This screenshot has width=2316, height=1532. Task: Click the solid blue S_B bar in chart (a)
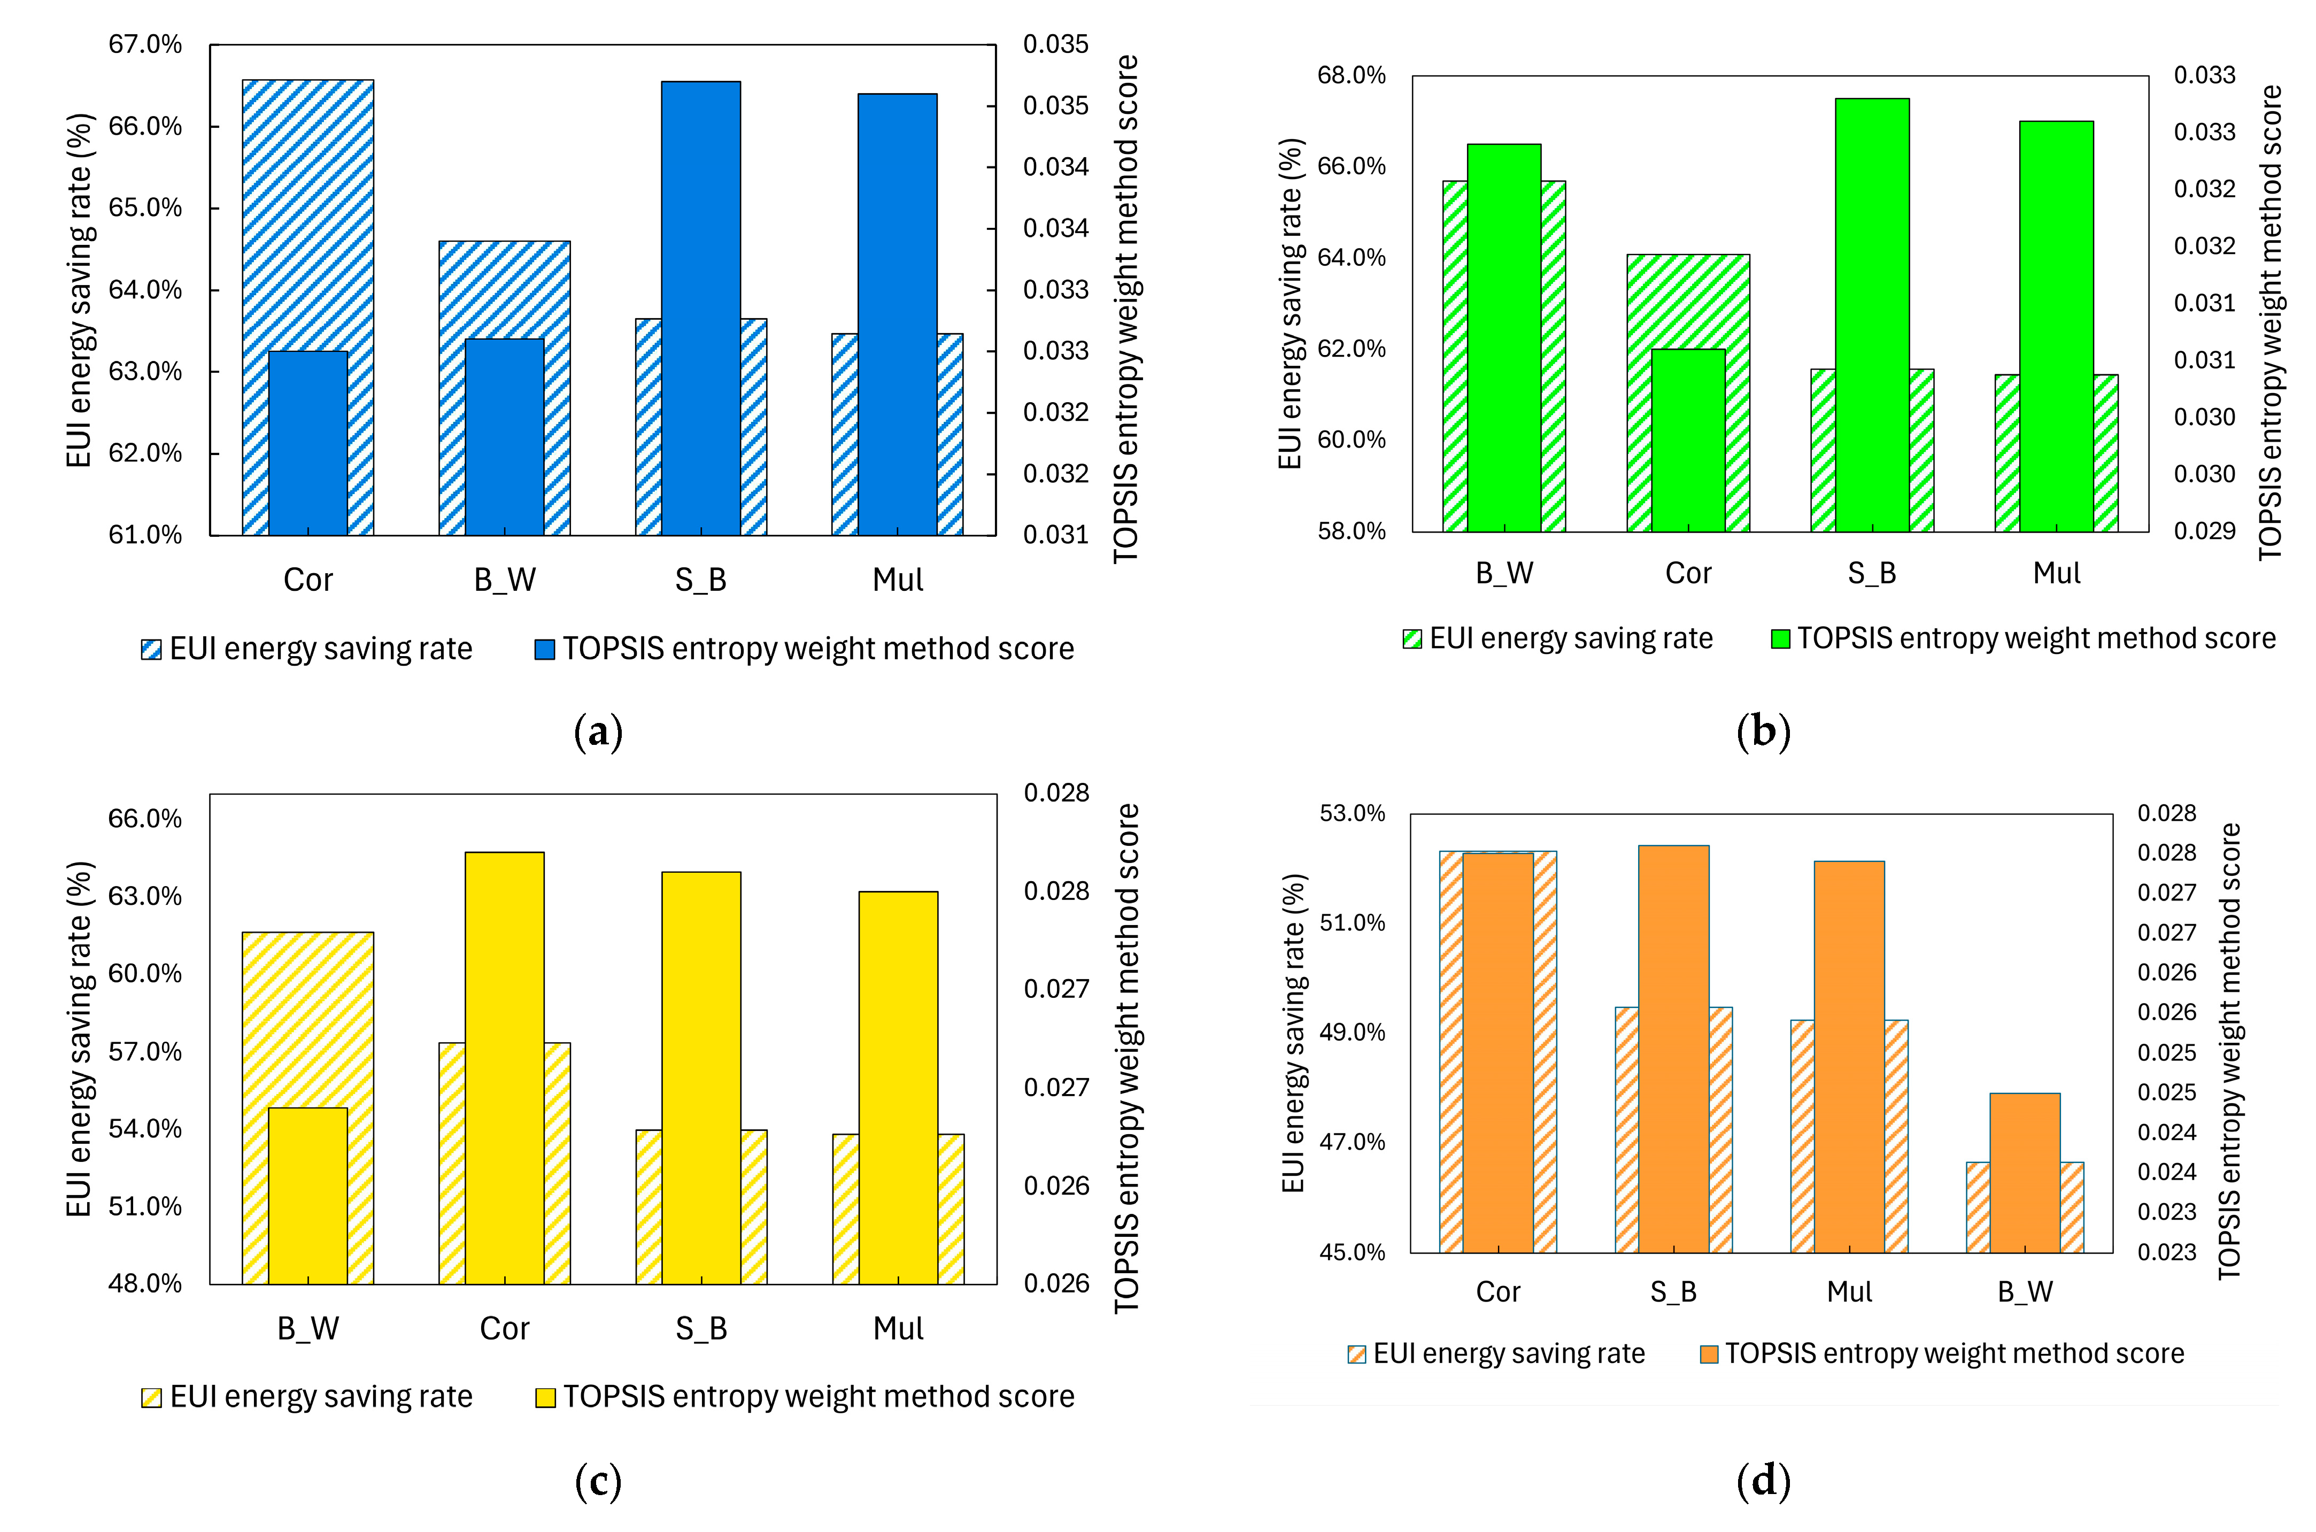point(700,308)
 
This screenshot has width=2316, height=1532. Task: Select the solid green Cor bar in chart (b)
point(1688,440)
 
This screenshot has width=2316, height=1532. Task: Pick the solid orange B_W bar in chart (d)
point(2025,1173)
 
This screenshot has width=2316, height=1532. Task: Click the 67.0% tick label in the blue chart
point(144,44)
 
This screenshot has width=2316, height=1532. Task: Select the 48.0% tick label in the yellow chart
point(144,1283)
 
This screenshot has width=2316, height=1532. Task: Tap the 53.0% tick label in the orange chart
point(1352,813)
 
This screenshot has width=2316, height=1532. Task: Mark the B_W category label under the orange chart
point(2025,1292)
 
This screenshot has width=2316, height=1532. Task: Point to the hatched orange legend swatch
point(1357,1354)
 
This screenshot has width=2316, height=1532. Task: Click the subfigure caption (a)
point(598,732)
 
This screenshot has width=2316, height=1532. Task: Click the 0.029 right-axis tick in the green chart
point(2204,530)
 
